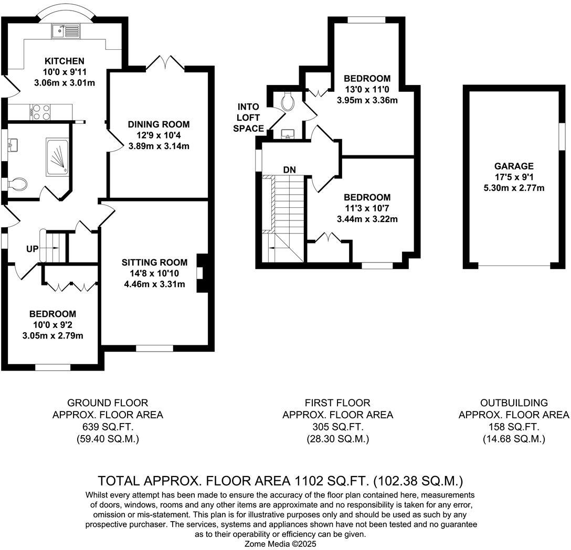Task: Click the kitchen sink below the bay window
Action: click(x=66, y=31)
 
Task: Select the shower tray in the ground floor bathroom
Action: click(x=57, y=155)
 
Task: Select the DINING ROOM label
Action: click(x=158, y=124)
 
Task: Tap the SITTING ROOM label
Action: click(x=154, y=262)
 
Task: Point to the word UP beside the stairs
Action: click(x=33, y=249)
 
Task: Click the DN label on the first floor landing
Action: click(x=289, y=170)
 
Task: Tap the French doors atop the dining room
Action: click(x=165, y=63)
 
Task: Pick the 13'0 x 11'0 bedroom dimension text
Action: click(x=367, y=90)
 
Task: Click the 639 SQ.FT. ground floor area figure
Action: click(x=108, y=427)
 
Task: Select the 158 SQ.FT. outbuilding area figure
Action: click(x=514, y=427)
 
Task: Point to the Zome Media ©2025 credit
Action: click(x=281, y=544)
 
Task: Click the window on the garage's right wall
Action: click(x=561, y=139)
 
